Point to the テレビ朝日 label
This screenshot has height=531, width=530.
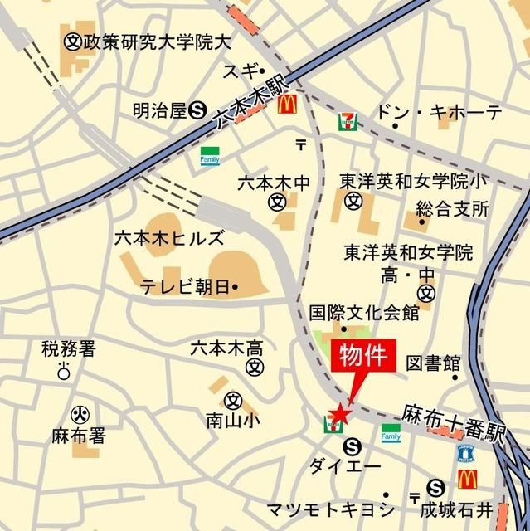[x=185, y=287]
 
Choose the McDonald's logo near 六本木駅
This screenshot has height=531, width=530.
[x=287, y=104]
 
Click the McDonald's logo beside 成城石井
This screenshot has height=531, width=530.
[x=467, y=479]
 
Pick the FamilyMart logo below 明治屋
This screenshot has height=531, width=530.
[x=209, y=155]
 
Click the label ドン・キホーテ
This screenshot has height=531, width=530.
[x=439, y=113]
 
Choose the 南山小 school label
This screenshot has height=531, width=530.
[x=233, y=421]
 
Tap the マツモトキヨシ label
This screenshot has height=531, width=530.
[x=330, y=508]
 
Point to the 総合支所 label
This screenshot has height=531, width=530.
[x=452, y=207]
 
